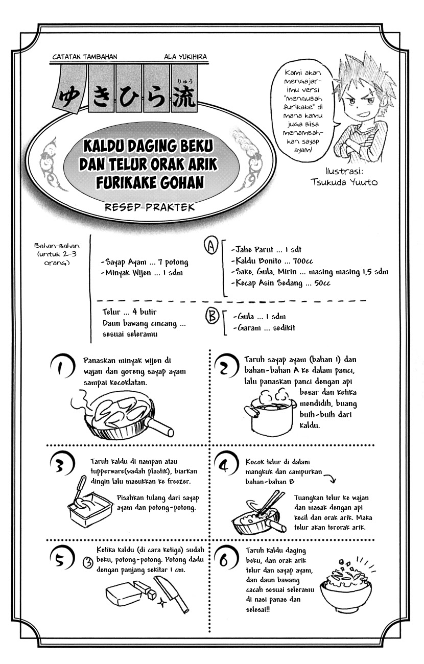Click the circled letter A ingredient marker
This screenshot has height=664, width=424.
[209, 247]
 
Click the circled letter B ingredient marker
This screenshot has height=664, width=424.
[211, 317]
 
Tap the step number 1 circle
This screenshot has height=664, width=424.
[62, 367]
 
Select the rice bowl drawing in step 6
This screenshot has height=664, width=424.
[344, 587]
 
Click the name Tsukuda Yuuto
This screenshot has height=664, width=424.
[344, 181]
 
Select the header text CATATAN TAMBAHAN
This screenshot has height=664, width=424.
[83, 57]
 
